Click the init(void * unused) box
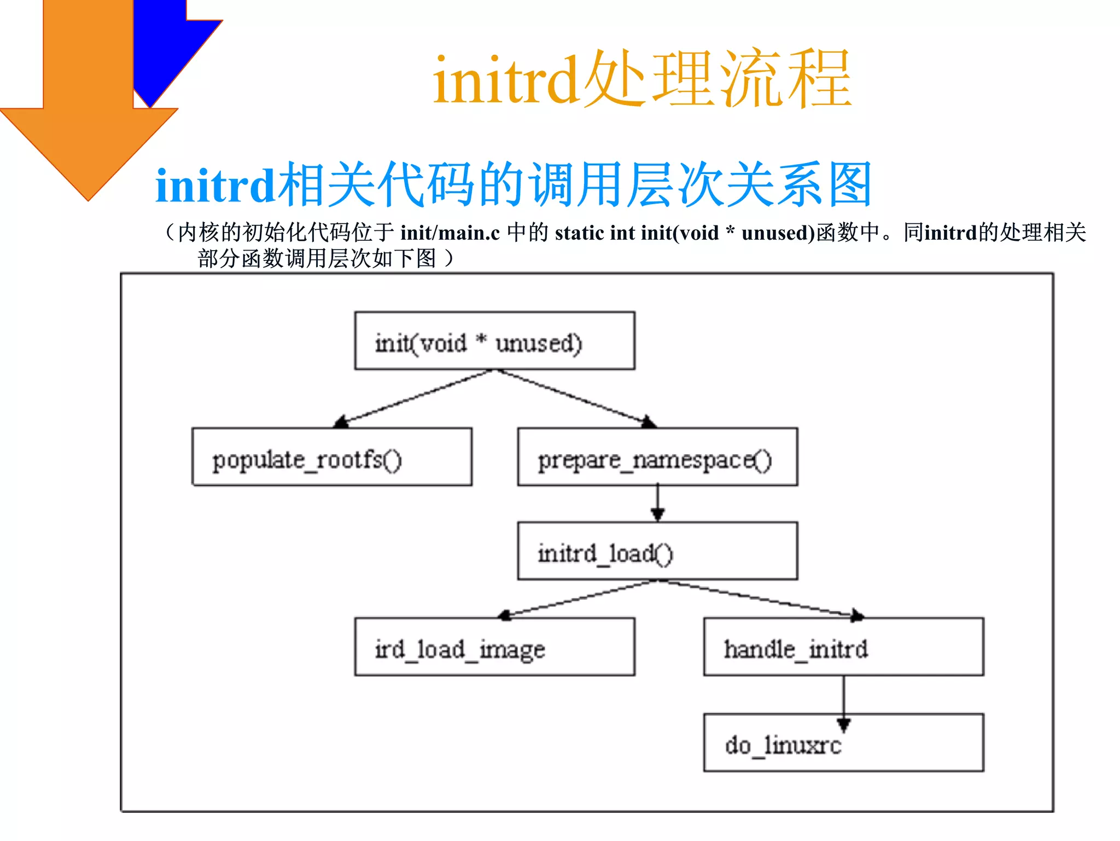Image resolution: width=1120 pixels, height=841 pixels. [494, 341]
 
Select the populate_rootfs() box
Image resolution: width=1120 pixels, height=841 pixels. [331, 457]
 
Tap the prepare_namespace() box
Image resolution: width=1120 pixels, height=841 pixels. [657, 457]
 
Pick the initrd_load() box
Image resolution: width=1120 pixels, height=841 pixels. [657, 551]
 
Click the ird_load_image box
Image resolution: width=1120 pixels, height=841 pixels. [494, 647]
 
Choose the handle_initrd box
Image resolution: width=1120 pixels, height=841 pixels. [843, 647]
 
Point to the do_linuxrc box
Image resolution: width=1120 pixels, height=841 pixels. [843, 743]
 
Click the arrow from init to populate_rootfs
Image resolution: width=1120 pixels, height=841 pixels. [416, 398]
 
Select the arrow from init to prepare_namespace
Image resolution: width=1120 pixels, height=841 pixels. [574, 398]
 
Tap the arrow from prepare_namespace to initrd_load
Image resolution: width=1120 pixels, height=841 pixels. [657, 503]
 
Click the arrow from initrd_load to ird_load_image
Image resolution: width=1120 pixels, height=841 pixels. [580, 599]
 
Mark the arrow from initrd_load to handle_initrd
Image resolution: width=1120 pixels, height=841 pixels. [760, 599]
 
